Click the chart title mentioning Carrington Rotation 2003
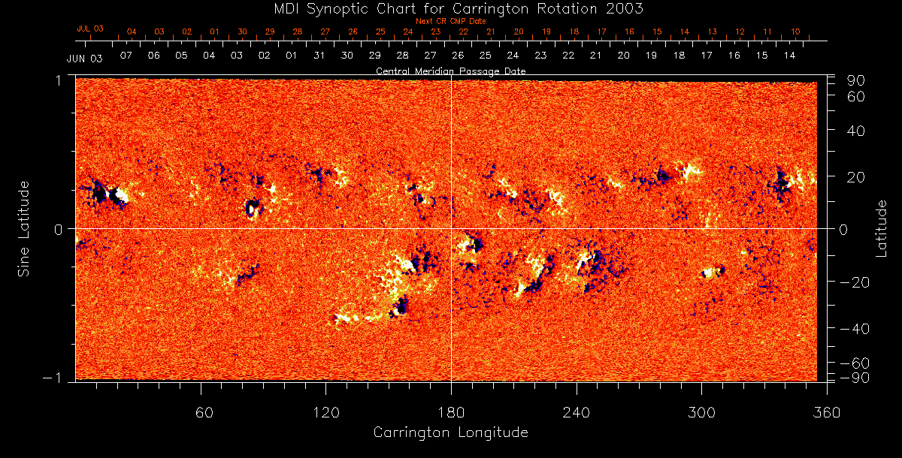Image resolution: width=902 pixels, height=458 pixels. click(450, 9)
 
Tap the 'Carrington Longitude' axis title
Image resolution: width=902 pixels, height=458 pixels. click(450, 432)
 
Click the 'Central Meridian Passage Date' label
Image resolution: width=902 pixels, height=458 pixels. click(450, 71)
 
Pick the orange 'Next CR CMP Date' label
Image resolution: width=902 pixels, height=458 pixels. click(450, 21)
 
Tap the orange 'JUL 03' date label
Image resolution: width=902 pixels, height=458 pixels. click(89, 29)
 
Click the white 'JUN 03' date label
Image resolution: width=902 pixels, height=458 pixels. click(84, 58)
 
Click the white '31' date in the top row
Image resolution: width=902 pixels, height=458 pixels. click(319, 56)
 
